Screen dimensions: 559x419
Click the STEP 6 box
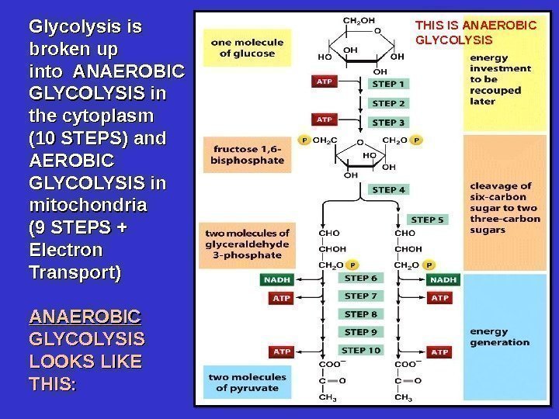361,278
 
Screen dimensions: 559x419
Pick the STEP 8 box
361,314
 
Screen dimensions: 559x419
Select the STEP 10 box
361,350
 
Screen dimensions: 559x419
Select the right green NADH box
443,279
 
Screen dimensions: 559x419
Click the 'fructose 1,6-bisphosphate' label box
246,155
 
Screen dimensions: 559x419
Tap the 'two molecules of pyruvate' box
246,382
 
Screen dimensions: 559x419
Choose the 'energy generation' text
499,337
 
